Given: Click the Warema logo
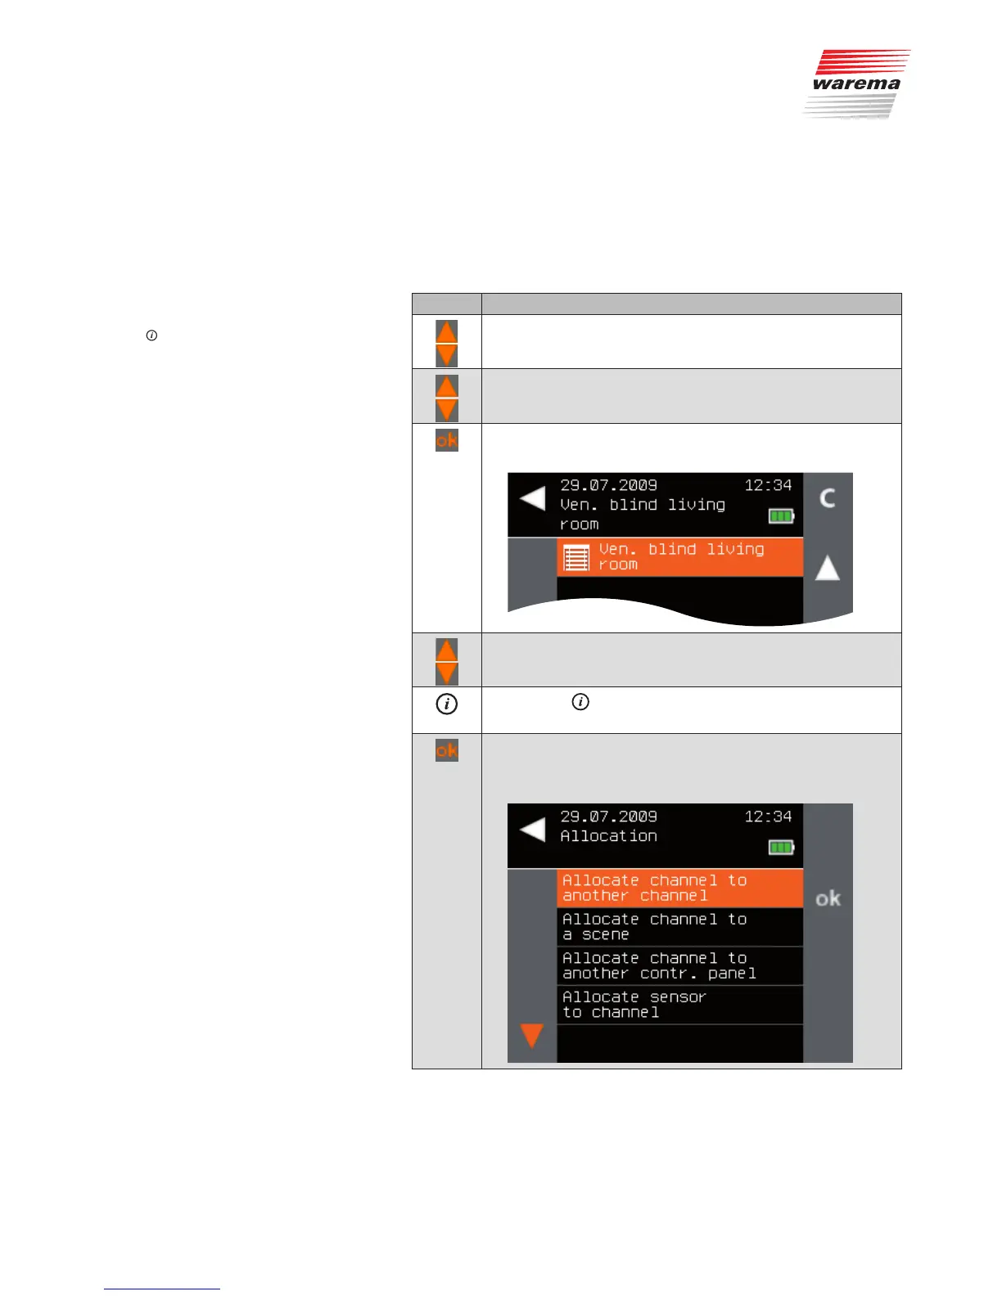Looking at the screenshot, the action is (x=856, y=83).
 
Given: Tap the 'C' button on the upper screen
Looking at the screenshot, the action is (x=828, y=498).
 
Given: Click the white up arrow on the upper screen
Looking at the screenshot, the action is (x=828, y=568).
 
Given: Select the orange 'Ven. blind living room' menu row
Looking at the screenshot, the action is (x=679, y=557).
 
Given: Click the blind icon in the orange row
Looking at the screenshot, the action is (x=576, y=558).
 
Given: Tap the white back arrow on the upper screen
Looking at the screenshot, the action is (x=532, y=497).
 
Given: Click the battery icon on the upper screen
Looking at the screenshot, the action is (x=781, y=516).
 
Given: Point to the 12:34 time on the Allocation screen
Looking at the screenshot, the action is (x=768, y=817).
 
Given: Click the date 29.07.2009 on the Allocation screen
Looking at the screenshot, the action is (x=608, y=817).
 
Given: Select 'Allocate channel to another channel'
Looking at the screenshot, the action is (x=679, y=888).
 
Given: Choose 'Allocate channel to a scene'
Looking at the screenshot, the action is (x=679, y=927).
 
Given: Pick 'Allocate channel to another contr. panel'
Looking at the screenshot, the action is (x=679, y=965).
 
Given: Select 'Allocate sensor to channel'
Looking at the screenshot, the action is (x=679, y=1005).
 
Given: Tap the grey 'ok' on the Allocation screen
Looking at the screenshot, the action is (x=828, y=898).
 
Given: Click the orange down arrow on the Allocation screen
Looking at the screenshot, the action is (x=532, y=1036).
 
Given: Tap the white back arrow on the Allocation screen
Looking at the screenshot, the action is (x=532, y=829).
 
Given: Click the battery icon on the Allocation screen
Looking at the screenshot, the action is (x=781, y=848).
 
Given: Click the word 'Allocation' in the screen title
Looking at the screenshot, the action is (x=608, y=836).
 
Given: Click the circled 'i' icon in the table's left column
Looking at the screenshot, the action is (x=446, y=704).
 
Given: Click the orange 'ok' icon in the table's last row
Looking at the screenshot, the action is (x=446, y=749).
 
